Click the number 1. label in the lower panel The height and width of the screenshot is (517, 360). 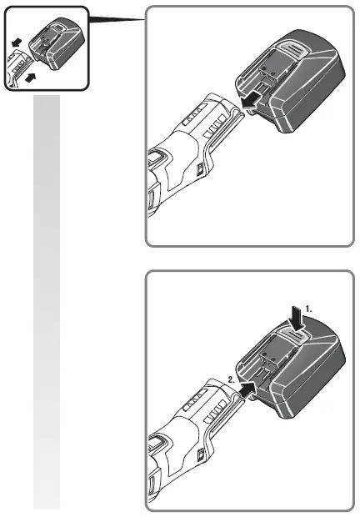(310, 308)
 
